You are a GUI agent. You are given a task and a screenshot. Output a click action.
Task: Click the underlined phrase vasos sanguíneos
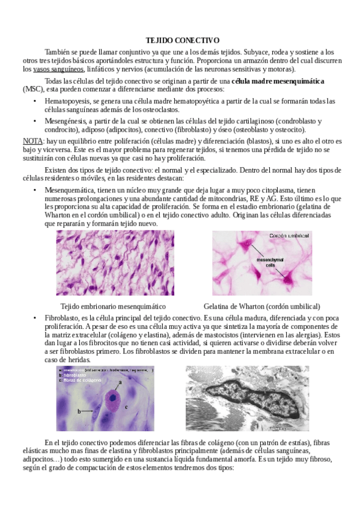coord(59,69)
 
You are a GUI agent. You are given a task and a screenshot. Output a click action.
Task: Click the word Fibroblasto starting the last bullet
coord(62,318)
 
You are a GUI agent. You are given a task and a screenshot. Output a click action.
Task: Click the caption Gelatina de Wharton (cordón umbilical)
coord(261,306)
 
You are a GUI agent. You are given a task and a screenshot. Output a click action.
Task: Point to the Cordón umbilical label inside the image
coord(288,236)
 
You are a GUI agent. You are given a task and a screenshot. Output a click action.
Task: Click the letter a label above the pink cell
coord(120,382)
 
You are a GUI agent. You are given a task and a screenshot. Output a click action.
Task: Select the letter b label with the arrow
coord(79,411)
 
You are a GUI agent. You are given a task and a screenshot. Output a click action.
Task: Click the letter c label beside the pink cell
coord(127,407)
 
